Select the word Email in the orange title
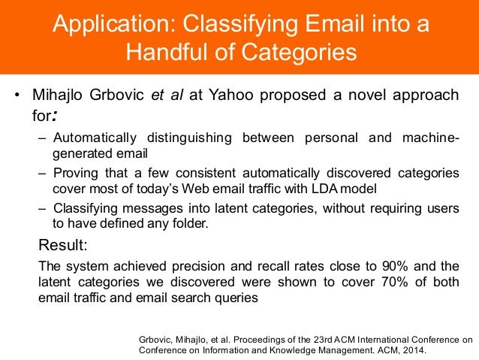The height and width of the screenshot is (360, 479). click(x=328, y=24)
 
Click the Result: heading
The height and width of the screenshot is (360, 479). click(x=63, y=245)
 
